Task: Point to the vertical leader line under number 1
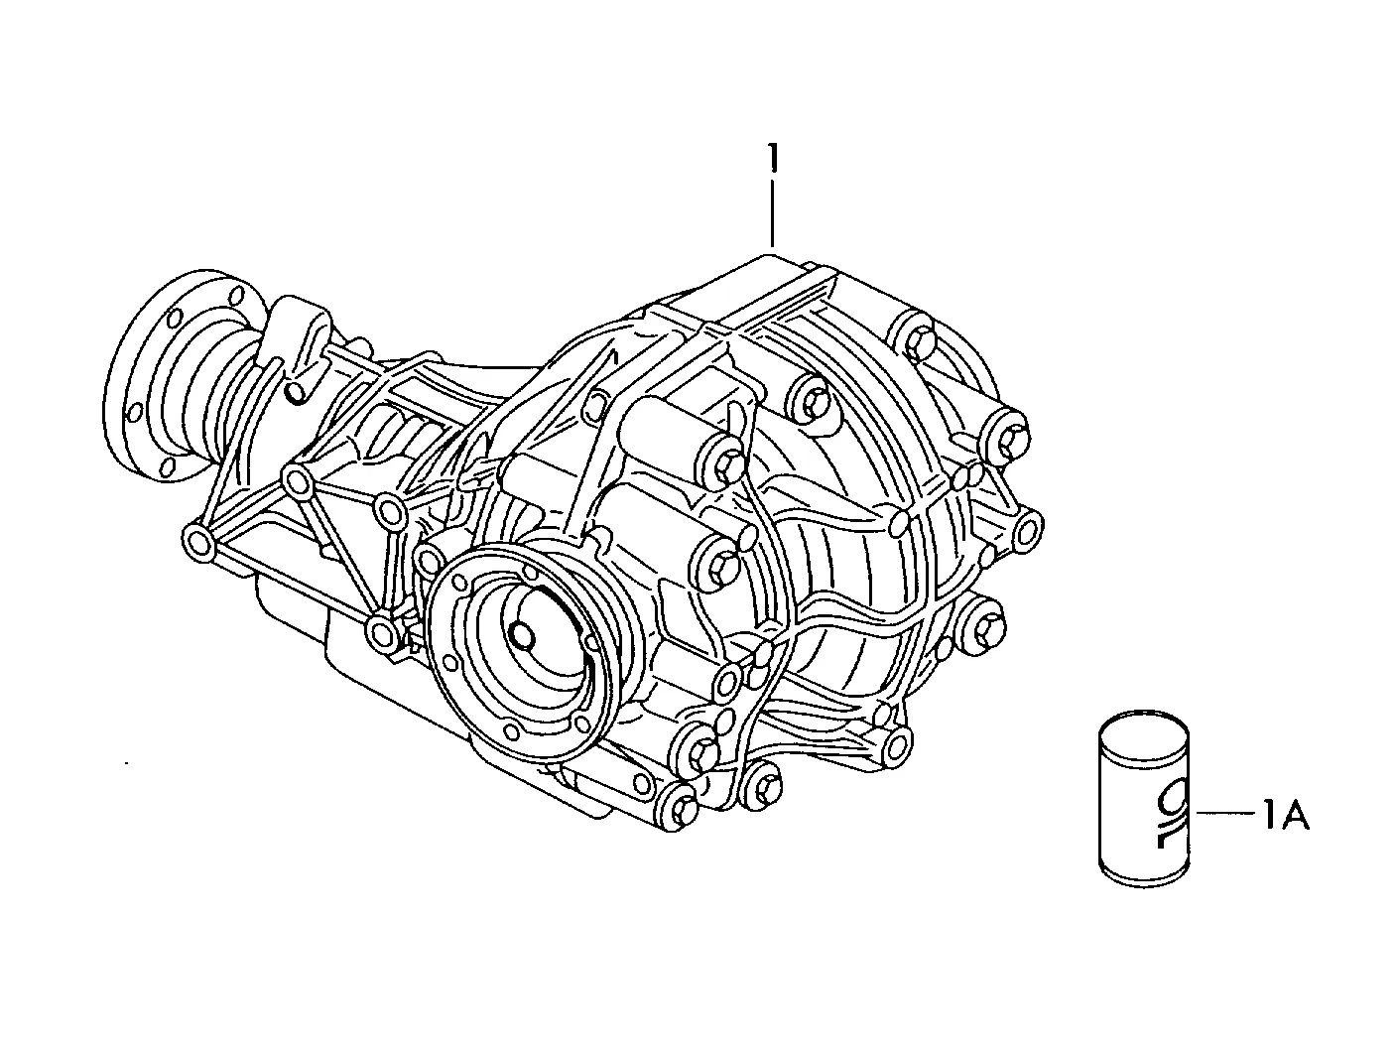tap(773, 214)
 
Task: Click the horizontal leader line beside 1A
tap(1224, 813)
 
